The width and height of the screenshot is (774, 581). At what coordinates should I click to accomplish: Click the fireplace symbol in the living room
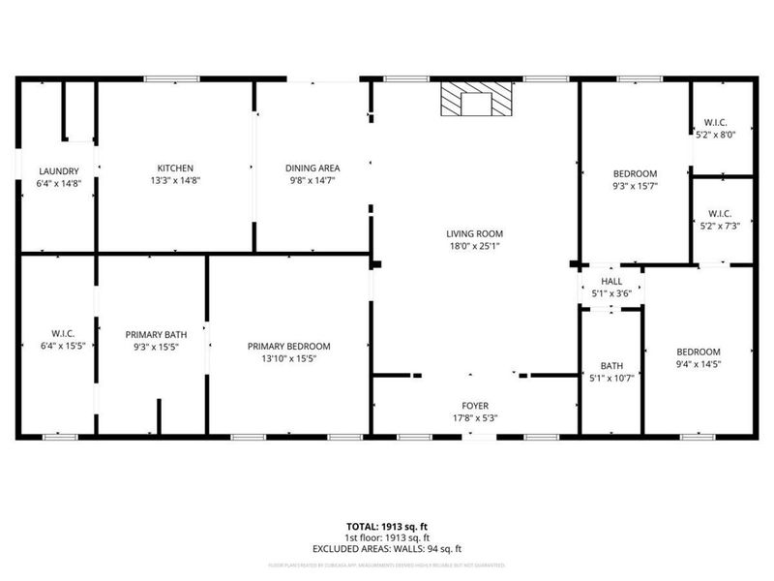pyautogui.click(x=475, y=100)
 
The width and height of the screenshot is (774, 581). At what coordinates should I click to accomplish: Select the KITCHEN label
pyautogui.click(x=175, y=168)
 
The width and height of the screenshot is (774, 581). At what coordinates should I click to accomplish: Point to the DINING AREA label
pyautogui.click(x=312, y=168)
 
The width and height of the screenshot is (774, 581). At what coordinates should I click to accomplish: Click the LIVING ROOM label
pyautogui.click(x=474, y=233)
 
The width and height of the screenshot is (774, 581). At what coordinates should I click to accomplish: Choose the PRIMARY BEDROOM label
pyautogui.click(x=289, y=347)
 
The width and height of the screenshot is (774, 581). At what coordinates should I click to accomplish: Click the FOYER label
pyautogui.click(x=474, y=406)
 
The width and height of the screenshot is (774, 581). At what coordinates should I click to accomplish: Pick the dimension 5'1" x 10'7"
pyautogui.click(x=611, y=378)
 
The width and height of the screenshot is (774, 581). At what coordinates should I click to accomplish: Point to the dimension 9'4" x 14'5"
pyautogui.click(x=698, y=364)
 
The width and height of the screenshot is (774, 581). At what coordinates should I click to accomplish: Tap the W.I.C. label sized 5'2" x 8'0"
pyautogui.click(x=717, y=123)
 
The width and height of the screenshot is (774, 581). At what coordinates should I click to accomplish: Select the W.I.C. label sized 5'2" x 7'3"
pyautogui.click(x=720, y=213)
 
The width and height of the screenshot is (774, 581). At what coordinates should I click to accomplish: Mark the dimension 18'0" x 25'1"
pyautogui.click(x=474, y=246)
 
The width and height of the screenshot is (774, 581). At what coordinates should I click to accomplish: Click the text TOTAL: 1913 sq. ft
pyautogui.click(x=387, y=526)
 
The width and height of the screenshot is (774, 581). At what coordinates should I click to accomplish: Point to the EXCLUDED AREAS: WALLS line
pyautogui.click(x=387, y=548)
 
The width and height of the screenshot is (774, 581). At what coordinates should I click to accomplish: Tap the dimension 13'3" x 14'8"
pyautogui.click(x=175, y=180)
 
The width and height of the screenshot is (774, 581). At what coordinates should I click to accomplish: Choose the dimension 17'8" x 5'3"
pyautogui.click(x=474, y=418)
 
